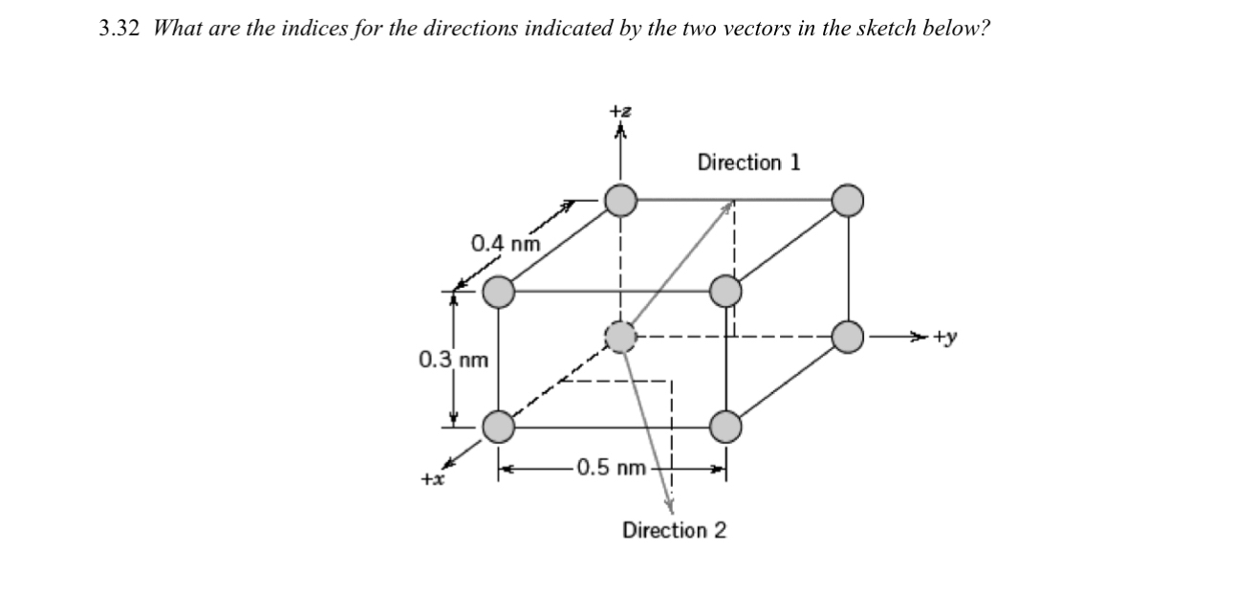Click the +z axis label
click(x=621, y=113)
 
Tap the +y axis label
click(x=947, y=337)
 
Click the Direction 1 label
click(x=748, y=162)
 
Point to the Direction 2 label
click(x=674, y=529)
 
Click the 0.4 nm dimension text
click(x=506, y=242)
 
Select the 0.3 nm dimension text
click(x=453, y=361)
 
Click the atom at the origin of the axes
click(x=621, y=337)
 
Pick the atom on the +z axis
click(x=621, y=201)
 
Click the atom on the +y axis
click(x=848, y=337)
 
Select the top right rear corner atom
click(x=848, y=201)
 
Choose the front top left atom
click(x=498, y=291)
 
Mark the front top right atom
click(x=726, y=291)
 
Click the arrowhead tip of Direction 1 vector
click(x=732, y=202)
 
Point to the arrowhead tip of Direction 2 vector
click(x=670, y=507)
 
